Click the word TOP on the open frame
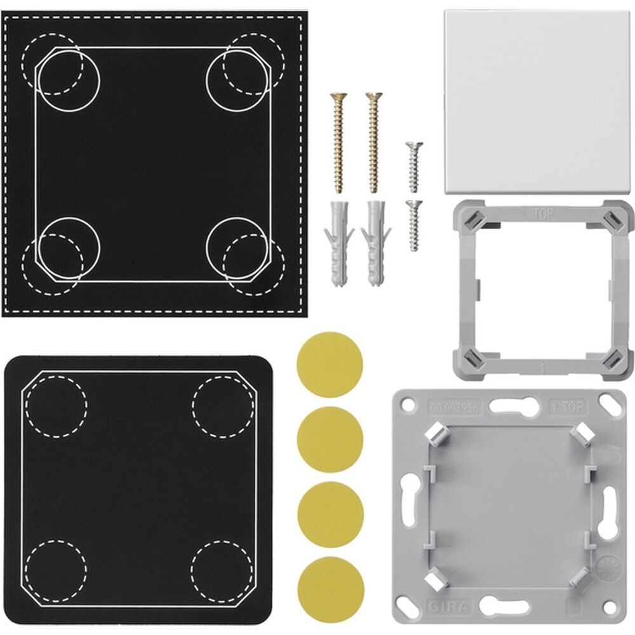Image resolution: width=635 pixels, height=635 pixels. point(537,215)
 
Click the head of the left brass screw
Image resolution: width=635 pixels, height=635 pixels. point(338,98)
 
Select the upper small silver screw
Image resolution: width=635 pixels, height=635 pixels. point(413,166)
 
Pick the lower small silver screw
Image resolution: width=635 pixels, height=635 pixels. point(414,225)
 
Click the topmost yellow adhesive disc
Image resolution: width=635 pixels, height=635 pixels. point(330,365)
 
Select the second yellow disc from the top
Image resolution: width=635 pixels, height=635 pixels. point(330,439)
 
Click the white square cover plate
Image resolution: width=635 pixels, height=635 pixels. point(537,102)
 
